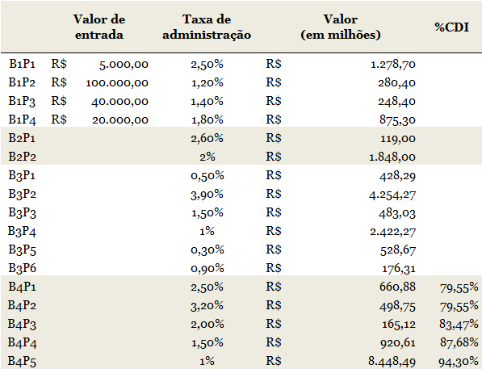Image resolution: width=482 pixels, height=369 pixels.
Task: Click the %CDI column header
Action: click(451, 27)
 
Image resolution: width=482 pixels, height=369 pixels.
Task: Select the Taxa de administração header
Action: click(207, 27)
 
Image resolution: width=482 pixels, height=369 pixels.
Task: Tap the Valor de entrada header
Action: click(99, 27)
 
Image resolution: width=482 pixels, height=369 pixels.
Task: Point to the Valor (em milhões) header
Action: click(341, 27)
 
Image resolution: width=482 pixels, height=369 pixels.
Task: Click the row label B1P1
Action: click(22, 64)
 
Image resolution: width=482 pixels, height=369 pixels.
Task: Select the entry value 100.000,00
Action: click(117, 83)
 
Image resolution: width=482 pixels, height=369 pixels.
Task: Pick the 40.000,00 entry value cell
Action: click(119, 102)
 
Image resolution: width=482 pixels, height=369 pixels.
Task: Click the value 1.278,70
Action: click(393, 65)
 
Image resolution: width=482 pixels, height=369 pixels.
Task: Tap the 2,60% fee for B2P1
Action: click(207, 138)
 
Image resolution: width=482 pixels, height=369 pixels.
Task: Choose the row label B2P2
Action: click(22, 157)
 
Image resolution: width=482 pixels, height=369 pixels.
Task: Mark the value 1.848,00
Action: click(392, 157)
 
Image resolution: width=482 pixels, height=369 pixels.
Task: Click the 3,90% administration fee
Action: click(207, 195)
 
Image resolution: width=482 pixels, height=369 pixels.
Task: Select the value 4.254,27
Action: click(392, 195)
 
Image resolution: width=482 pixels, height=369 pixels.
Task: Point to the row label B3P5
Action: click(22, 249)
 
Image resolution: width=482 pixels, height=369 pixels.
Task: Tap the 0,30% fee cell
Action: click(207, 250)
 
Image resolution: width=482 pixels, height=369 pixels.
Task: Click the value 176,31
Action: click(398, 269)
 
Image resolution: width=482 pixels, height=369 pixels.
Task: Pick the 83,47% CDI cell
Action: click(459, 325)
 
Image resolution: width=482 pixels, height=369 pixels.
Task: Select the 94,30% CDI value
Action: click(459, 362)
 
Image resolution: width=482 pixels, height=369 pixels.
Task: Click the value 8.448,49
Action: click(392, 361)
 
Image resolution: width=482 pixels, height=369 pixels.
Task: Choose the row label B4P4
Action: click(22, 342)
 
